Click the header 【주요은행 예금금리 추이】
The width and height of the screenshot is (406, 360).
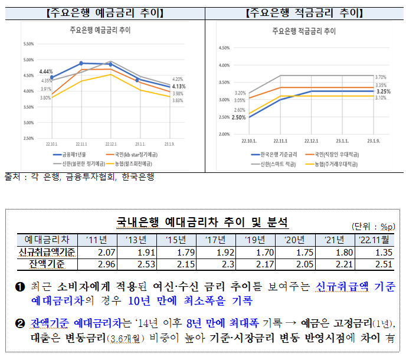(x=104, y=12)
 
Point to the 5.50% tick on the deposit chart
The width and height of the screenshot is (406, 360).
(x=28, y=44)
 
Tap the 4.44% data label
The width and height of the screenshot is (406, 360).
(x=46, y=71)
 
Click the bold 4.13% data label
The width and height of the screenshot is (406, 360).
(x=179, y=86)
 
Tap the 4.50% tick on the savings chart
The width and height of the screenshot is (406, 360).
(x=224, y=48)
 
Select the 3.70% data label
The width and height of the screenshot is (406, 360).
(x=381, y=77)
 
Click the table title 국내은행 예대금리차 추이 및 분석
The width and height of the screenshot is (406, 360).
(x=202, y=222)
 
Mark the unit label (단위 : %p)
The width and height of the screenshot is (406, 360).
(x=374, y=226)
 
